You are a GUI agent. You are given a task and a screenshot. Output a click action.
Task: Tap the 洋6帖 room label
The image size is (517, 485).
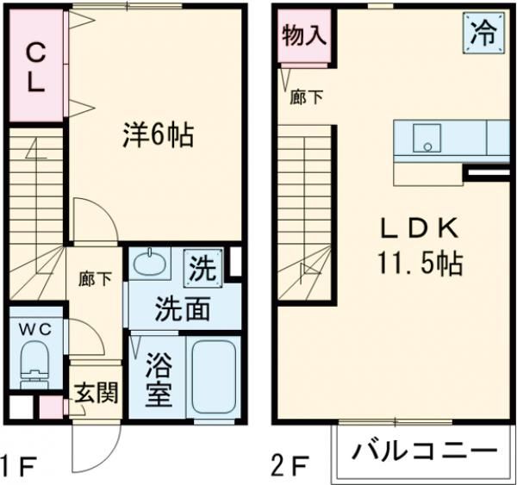pyautogui.click(x=157, y=135)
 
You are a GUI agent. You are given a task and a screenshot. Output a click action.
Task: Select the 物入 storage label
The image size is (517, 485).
pyautogui.click(x=304, y=36)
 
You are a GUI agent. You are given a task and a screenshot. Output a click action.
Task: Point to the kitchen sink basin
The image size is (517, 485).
pyautogui.click(x=426, y=139)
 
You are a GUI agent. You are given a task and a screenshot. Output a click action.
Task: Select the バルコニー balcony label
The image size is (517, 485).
pyautogui.click(x=426, y=451)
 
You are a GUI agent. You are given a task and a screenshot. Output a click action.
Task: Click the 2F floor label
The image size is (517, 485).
pyautogui.click(x=290, y=469)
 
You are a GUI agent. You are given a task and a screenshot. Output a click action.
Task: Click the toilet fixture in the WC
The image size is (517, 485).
pyautogui.click(x=35, y=362)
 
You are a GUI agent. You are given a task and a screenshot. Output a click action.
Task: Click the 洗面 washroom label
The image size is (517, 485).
pyautogui.click(x=182, y=309)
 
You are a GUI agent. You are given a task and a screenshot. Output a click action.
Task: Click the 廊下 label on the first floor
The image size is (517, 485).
pyautogui.click(x=95, y=279)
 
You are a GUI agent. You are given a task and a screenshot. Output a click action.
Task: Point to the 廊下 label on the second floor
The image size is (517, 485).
pyautogui.click(x=307, y=97)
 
